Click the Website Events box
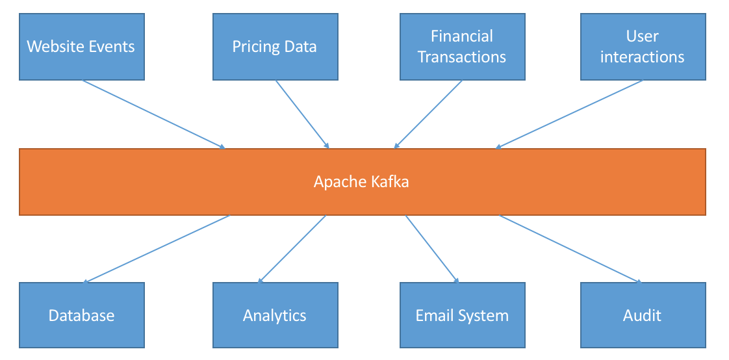click(x=81, y=47)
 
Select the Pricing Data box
click(x=275, y=47)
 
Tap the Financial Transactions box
click(x=462, y=47)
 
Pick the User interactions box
click(x=643, y=47)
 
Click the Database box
click(x=81, y=316)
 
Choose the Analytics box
click(x=275, y=316)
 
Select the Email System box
click(x=462, y=316)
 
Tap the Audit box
click(x=643, y=316)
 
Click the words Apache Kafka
click(x=361, y=181)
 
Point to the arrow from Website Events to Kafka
click(x=154, y=114)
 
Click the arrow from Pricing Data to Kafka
click(x=303, y=114)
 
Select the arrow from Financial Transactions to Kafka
click(x=428, y=114)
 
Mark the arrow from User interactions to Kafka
click(x=569, y=114)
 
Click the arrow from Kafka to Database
click(x=157, y=249)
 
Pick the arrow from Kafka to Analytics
click(x=292, y=249)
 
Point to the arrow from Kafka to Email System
click(x=433, y=249)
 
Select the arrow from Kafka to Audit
click(x=570, y=249)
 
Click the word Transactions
click(x=462, y=57)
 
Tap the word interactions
click(x=643, y=57)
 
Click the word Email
click(x=433, y=316)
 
